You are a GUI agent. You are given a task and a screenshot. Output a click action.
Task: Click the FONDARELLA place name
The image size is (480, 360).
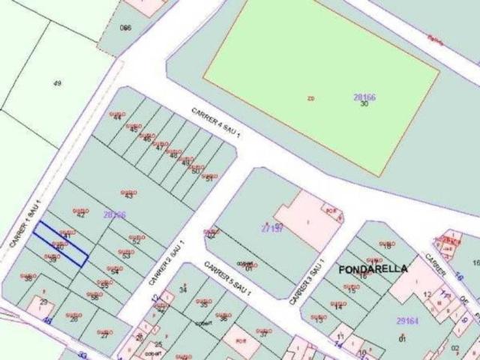click(373, 268)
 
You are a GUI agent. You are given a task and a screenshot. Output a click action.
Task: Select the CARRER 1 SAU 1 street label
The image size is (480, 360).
click(23, 229)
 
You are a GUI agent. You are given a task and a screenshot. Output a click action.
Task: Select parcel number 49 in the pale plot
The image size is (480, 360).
click(57, 82)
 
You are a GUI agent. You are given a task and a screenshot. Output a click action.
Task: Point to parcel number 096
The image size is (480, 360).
click(125, 28)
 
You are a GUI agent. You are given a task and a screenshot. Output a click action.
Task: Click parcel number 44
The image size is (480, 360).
click(117, 118)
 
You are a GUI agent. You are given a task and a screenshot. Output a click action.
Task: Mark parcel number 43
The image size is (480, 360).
click(128, 196)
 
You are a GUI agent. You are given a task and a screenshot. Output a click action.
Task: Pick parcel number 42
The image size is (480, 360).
click(80, 215)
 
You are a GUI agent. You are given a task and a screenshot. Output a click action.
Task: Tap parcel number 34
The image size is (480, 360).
click(183, 290)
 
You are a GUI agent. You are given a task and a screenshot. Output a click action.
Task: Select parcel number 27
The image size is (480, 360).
click(104, 334)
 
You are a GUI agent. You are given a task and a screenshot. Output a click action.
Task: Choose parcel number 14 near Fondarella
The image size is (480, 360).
click(337, 307)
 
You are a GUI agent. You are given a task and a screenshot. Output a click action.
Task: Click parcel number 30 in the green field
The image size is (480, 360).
click(364, 104)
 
